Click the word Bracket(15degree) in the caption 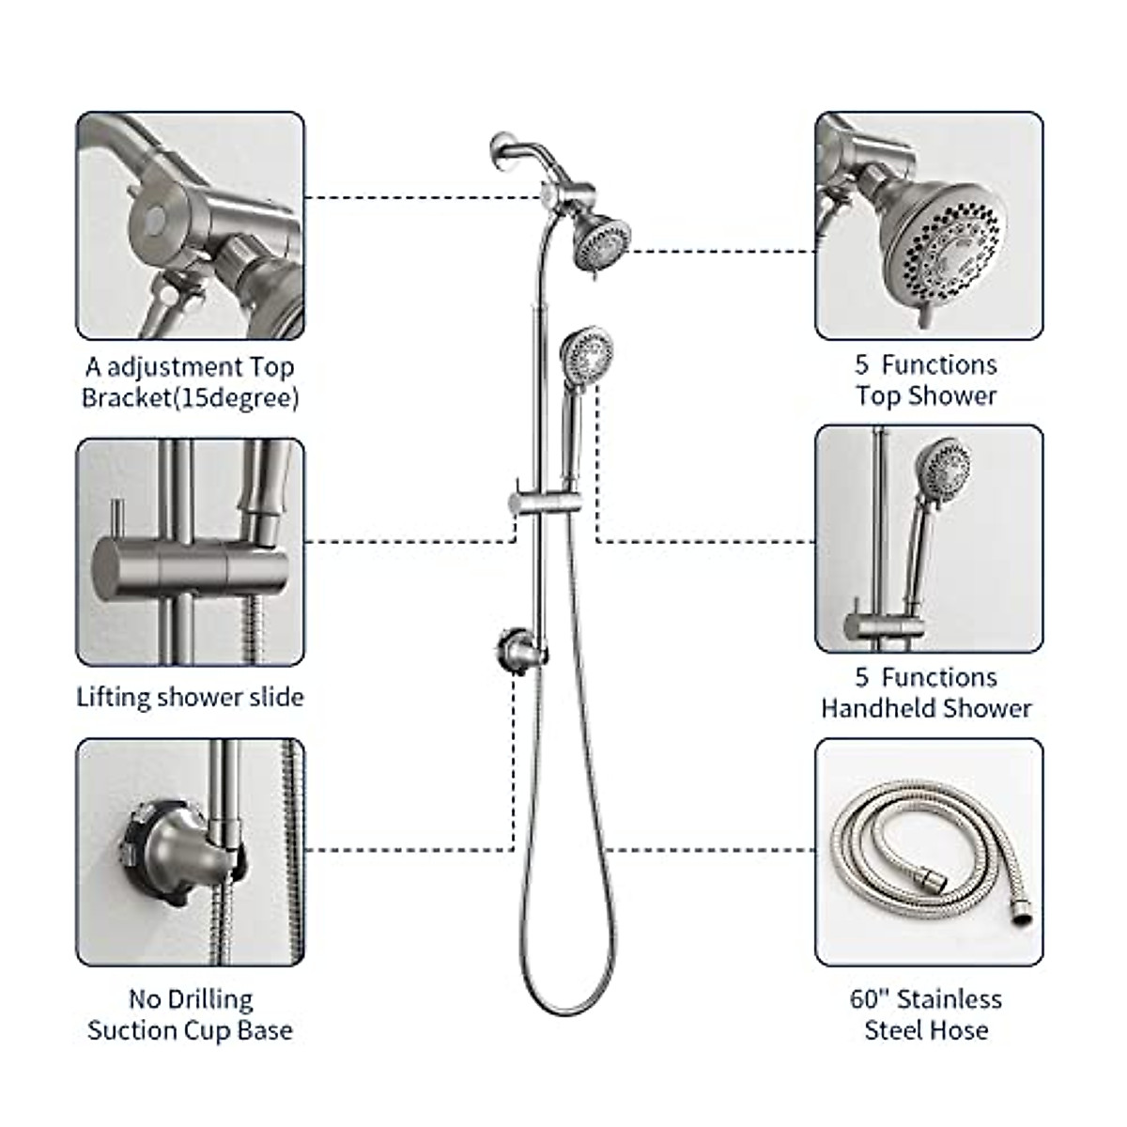(190, 397)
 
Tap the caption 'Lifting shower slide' (190, 697)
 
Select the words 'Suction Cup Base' (190, 1030)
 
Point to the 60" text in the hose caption (871, 999)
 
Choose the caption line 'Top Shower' (926, 395)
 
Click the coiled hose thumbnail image (929, 852)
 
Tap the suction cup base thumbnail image (190, 852)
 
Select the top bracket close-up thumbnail (190, 225)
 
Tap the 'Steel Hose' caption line (926, 1030)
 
